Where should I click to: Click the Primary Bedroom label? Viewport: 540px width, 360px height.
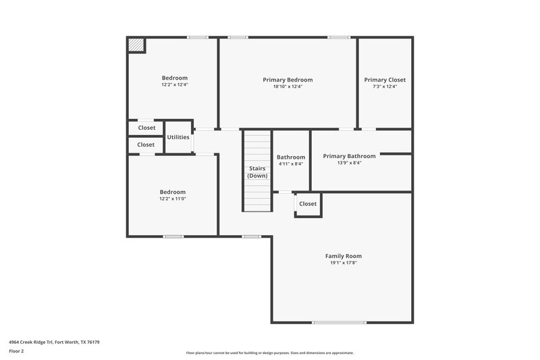click(x=288, y=80)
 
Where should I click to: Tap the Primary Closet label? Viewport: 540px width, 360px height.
click(x=385, y=80)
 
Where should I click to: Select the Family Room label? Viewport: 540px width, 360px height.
click(x=343, y=256)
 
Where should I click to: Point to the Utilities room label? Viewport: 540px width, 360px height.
click(x=178, y=137)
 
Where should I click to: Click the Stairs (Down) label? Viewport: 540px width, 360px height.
click(x=257, y=172)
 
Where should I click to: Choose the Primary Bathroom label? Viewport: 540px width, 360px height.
click(x=349, y=156)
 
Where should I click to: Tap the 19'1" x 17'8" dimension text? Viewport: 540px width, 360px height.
click(x=343, y=263)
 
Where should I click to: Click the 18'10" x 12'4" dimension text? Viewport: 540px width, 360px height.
click(x=288, y=86)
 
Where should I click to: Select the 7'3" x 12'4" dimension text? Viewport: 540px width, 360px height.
click(x=385, y=86)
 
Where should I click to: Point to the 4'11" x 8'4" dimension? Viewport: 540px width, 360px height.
click(x=290, y=163)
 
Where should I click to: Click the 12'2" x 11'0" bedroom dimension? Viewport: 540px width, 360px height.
click(x=172, y=199)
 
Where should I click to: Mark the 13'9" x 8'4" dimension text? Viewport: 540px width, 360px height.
click(x=349, y=163)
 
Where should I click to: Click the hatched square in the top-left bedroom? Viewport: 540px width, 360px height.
click(x=136, y=45)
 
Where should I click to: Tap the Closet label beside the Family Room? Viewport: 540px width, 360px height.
click(x=308, y=204)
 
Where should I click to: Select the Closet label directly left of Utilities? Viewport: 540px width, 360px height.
click(x=146, y=128)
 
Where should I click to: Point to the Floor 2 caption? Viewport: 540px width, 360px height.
click(x=17, y=351)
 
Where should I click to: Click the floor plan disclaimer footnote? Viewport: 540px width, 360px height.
click(x=269, y=353)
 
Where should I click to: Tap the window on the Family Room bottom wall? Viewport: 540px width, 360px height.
click(x=340, y=322)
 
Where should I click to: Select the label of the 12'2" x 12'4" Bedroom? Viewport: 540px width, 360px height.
click(x=174, y=78)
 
